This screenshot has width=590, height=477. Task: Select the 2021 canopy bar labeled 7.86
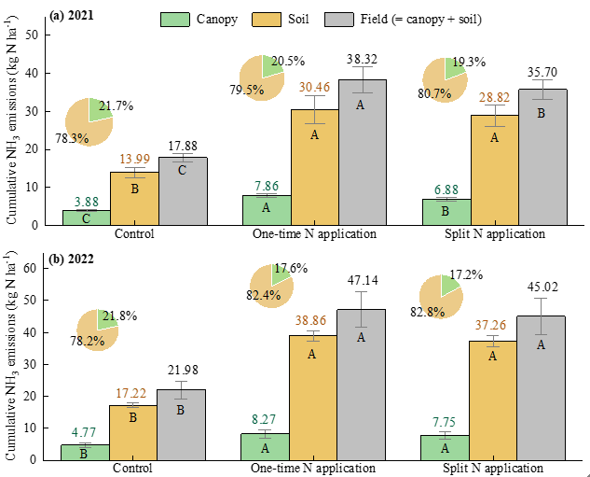pos(266,209)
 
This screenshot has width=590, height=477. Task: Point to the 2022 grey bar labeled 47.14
pos(363,384)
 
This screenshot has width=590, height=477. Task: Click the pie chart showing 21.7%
pos(89,121)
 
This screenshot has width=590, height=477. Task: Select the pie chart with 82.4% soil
pos(271,287)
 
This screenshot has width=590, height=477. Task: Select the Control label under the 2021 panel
pos(133,234)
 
